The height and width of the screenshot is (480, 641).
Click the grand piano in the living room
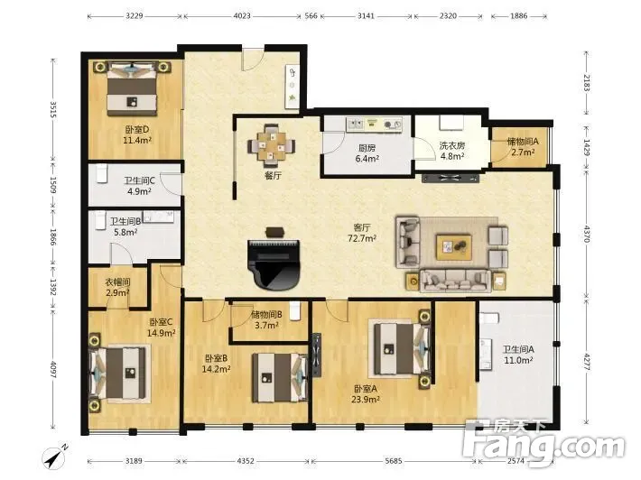tap(274, 264)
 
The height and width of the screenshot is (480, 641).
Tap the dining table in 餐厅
tap(271, 146)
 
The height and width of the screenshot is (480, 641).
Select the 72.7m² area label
tap(362, 238)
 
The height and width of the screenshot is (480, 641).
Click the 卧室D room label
tap(137, 130)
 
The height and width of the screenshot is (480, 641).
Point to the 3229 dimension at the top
tap(135, 16)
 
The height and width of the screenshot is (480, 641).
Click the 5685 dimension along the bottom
tap(394, 461)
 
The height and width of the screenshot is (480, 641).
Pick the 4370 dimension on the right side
tap(587, 234)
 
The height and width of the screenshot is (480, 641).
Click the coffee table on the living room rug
tap(454, 246)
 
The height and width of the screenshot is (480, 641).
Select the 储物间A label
tap(523, 142)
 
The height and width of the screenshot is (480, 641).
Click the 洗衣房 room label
tap(452, 145)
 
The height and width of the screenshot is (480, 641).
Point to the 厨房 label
tap(367, 148)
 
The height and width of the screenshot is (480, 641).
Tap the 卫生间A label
tap(518, 350)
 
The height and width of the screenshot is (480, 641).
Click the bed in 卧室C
tap(118, 373)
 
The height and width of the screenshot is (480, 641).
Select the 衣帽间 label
tap(117, 282)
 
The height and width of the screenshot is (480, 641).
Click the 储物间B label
tap(266, 315)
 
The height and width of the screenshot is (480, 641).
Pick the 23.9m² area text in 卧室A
tap(366, 400)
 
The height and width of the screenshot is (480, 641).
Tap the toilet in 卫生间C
tap(101, 173)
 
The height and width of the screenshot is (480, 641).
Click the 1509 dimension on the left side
tap(52, 185)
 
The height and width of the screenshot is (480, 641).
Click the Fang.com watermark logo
tap(543, 444)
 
